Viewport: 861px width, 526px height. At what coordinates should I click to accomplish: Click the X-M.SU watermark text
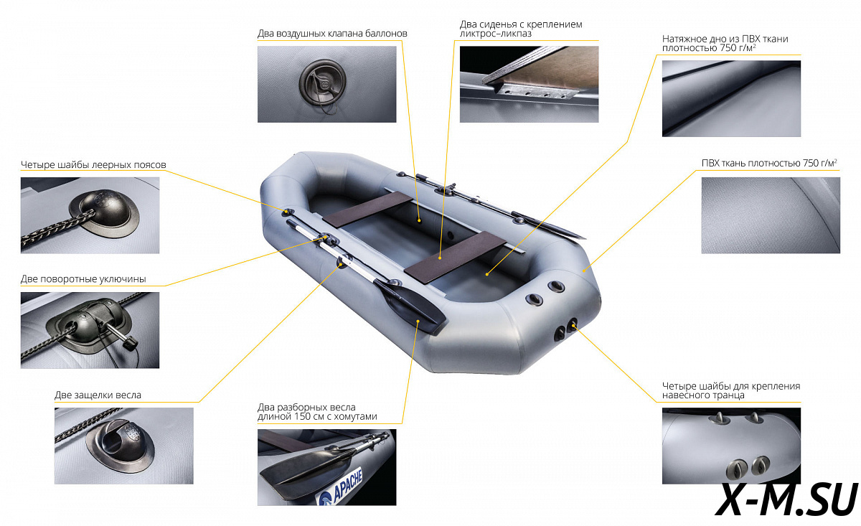pos(786,500)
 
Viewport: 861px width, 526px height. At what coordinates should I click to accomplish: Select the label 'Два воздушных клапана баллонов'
pos(332,34)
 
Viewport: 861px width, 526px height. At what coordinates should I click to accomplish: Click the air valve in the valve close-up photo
pos(323,83)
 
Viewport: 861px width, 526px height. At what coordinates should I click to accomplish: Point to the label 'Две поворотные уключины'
pos(83,279)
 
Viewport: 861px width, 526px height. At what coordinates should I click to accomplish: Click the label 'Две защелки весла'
pos(98,395)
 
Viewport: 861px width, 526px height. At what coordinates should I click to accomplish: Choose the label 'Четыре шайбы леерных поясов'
pos(93,165)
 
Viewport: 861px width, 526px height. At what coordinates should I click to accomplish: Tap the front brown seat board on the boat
pos(455,256)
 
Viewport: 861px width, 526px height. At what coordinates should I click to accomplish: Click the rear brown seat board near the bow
pos(367,210)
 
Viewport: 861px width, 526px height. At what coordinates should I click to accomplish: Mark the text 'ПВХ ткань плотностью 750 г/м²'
pos(769,163)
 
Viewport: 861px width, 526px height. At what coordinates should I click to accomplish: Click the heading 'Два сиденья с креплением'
pos(521,24)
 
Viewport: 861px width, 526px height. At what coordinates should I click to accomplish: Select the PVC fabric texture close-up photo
pos(771,215)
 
